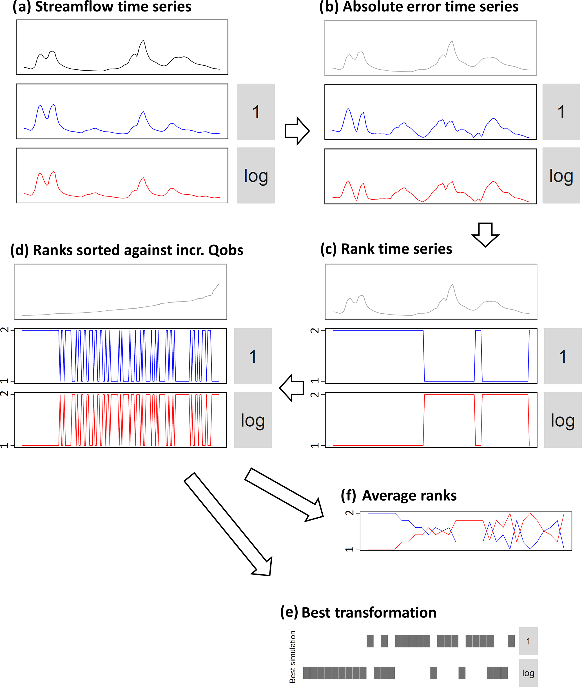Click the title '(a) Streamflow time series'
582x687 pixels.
click(102, 6)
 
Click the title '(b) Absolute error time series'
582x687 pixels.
click(419, 6)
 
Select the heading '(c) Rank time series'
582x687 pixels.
click(386, 249)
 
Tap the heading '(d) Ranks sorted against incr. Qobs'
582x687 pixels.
click(127, 250)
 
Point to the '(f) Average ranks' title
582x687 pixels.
click(398, 496)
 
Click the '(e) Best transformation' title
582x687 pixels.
click(358, 612)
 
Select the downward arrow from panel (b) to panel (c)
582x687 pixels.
click(485, 234)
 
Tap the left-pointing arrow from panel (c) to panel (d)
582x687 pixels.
click(292, 388)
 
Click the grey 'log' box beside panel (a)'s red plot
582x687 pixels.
click(256, 175)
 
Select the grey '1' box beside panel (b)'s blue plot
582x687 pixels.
click(561, 112)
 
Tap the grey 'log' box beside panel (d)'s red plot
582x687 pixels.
click(253, 420)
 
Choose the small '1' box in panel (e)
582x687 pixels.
click(528, 641)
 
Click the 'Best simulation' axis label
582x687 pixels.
click(292, 657)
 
